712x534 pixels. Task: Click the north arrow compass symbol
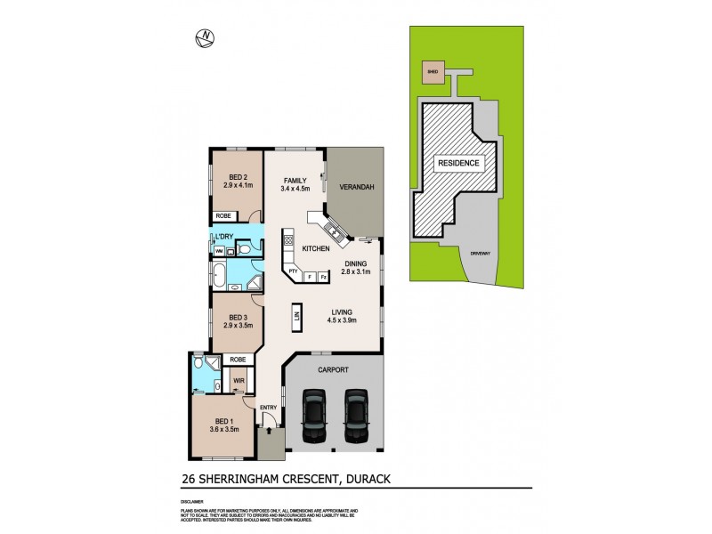(x=206, y=37)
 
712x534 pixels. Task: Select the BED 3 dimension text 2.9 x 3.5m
(x=239, y=325)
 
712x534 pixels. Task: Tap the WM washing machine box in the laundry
(x=218, y=252)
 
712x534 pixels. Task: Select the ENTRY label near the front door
(x=269, y=408)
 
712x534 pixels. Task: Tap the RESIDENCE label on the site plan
(x=457, y=164)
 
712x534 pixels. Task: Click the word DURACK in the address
(x=363, y=479)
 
